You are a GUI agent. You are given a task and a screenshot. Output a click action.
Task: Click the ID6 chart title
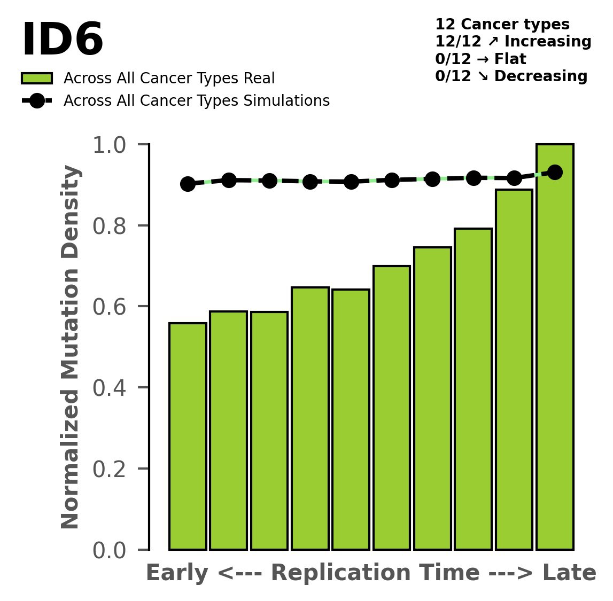coord(62,41)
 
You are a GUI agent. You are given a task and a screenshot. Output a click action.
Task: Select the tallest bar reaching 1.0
coord(555,347)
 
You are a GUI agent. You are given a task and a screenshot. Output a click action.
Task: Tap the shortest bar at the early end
coord(188,436)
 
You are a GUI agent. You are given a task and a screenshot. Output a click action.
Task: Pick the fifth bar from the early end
coord(351,419)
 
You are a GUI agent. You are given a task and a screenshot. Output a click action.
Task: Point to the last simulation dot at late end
coord(555,172)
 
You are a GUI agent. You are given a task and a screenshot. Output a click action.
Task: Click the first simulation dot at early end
coord(188,184)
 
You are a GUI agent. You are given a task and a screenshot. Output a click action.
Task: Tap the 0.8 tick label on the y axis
coord(110,226)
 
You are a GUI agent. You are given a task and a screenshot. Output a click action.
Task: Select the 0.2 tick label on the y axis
coord(110,469)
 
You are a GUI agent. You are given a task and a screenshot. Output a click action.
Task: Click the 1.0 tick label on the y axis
coord(110,145)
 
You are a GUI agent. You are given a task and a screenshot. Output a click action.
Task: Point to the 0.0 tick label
coord(110,550)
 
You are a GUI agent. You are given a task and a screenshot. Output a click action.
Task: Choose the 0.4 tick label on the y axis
coord(110,388)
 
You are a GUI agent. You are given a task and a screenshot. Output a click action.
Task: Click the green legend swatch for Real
coord(37,79)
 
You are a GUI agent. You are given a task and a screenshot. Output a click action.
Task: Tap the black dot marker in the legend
coord(37,101)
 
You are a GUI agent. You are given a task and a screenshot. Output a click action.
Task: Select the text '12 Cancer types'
coord(502,25)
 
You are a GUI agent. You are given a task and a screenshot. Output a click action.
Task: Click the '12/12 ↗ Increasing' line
coord(513,42)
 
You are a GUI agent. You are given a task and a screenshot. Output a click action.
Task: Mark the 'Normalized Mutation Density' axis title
coord(71,347)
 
